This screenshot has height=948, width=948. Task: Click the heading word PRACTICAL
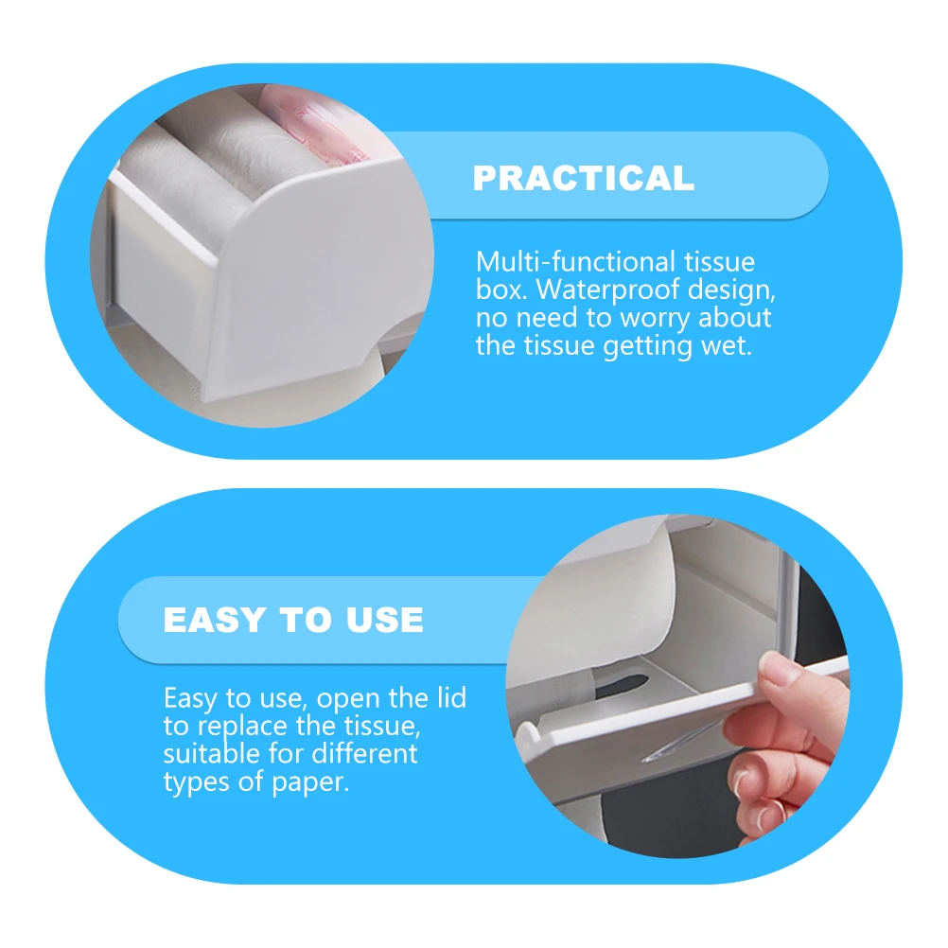[x=583, y=178]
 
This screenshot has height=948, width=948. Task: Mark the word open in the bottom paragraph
[x=350, y=700]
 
